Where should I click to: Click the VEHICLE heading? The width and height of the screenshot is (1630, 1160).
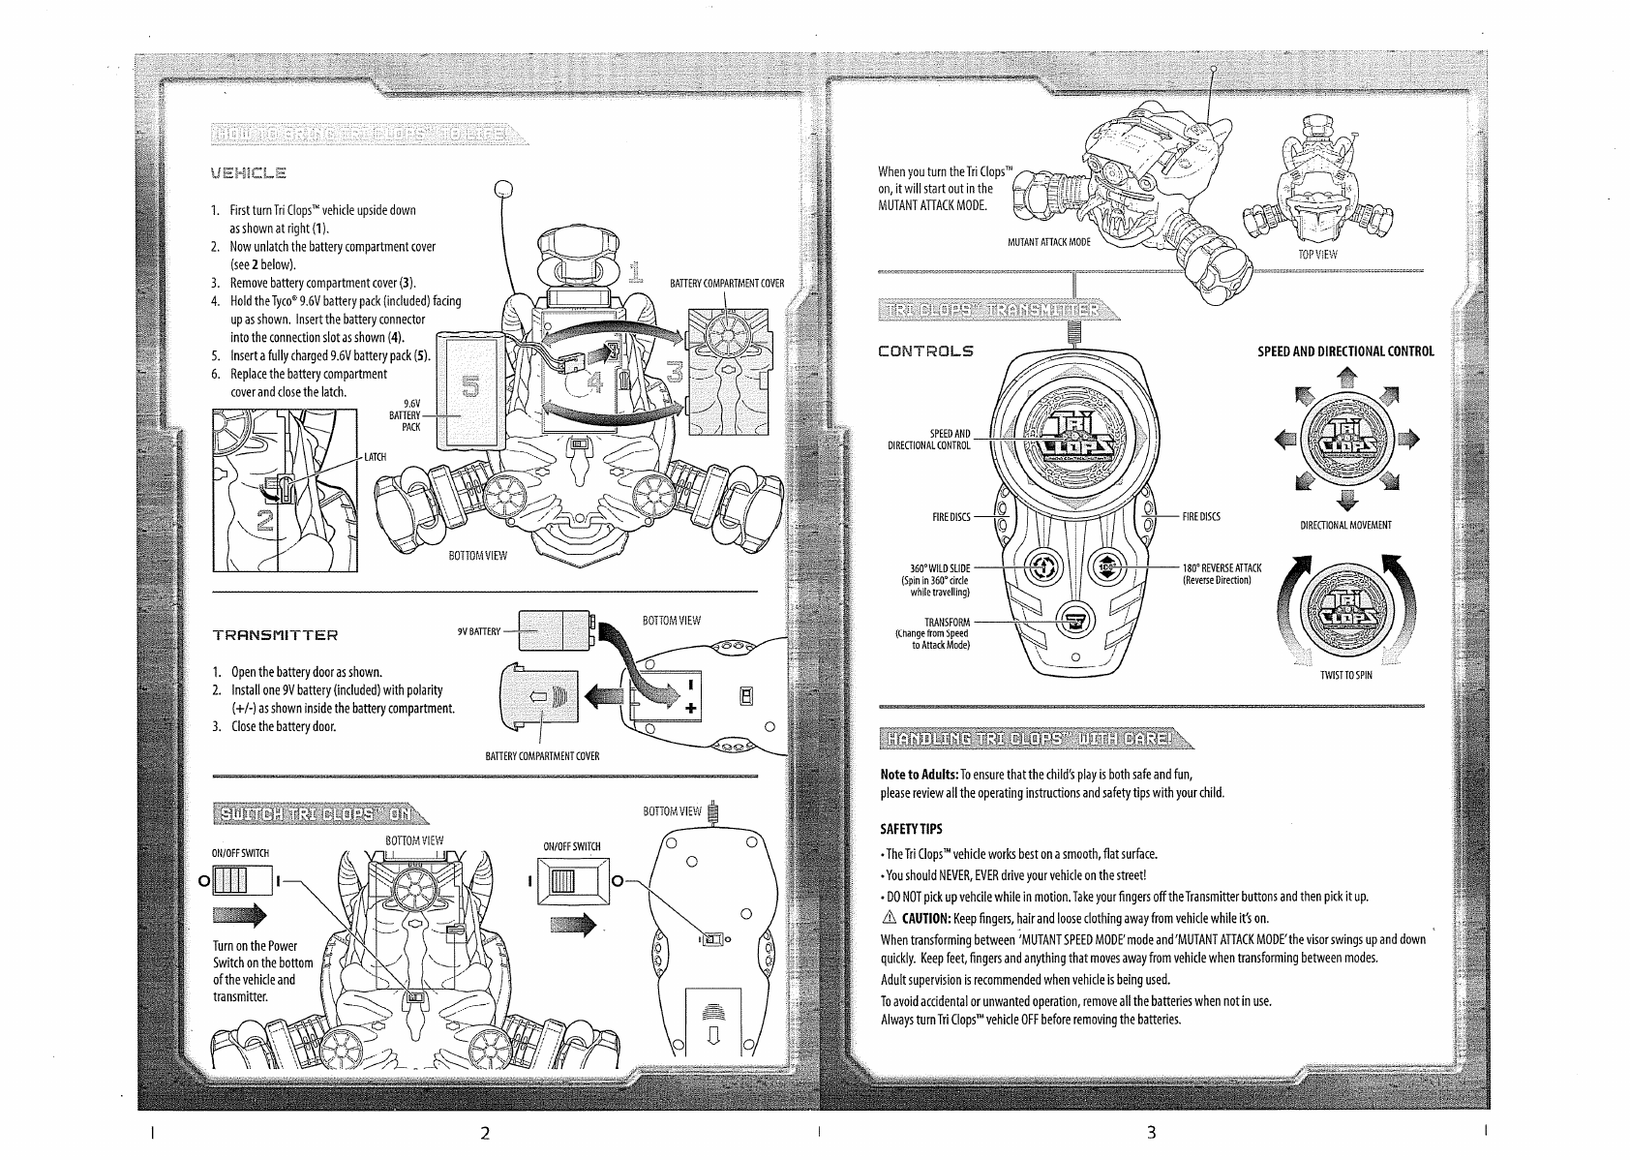click(249, 174)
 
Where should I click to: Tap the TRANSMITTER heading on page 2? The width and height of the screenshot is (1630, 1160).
click(276, 635)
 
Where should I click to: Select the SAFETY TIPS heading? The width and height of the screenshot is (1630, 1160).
click(911, 829)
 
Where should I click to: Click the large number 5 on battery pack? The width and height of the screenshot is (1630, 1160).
click(471, 387)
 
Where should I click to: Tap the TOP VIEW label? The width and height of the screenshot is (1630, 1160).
click(1318, 255)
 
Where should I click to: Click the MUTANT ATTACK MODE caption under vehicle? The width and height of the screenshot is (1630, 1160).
click(1048, 242)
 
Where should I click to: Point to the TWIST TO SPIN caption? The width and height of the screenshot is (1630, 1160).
click(1346, 675)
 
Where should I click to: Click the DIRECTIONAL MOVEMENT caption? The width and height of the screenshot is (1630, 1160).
click(1346, 526)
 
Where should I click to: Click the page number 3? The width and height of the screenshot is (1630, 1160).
click(1151, 1133)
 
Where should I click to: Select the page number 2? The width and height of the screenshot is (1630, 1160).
click(485, 1133)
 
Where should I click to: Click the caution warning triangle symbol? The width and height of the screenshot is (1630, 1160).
click(889, 918)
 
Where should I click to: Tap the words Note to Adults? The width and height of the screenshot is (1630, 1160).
click(920, 774)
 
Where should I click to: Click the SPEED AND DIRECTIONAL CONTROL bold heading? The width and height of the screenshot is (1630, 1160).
click(1345, 351)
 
